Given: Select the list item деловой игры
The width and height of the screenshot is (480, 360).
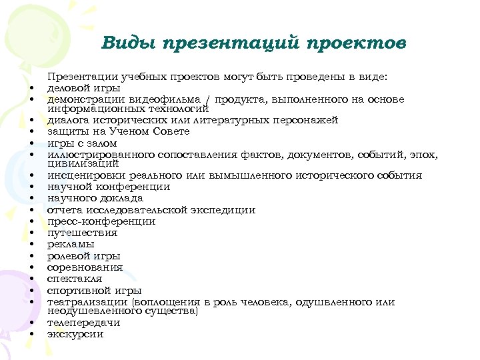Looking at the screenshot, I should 83,87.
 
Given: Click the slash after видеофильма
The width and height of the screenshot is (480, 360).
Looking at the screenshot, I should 208,100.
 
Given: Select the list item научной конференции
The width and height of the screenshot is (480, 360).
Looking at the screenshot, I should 108,187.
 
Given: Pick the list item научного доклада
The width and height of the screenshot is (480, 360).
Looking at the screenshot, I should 95,198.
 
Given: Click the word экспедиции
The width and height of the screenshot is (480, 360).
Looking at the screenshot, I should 218,210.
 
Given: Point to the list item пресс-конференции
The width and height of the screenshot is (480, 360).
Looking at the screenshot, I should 101,221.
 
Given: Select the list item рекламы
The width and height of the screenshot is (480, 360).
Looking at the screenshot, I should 70,244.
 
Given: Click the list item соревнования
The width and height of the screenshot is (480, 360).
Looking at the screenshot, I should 85,267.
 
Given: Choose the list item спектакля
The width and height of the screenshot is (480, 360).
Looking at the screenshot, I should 74,279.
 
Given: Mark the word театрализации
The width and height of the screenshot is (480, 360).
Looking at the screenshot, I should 88,302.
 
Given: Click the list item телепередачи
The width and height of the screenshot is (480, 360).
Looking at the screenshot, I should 83,323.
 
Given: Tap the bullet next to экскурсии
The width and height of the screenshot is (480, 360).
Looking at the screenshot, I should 31,335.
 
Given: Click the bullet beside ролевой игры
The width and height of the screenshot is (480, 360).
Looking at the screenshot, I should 31,256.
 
